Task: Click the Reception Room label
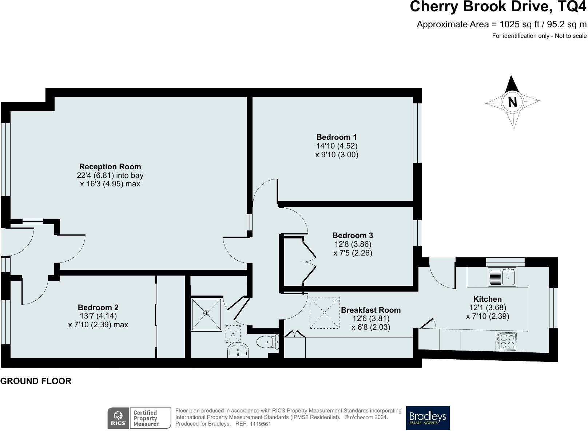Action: pyautogui.click(x=110, y=166)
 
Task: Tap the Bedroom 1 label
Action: pyautogui.click(x=337, y=137)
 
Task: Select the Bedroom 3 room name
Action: pyautogui.click(x=353, y=235)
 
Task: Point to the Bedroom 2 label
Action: pyautogui.click(x=98, y=307)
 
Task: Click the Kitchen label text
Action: pyautogui.click(x=488, y=299)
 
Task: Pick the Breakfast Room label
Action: pyautogui.click(x=371, y=310)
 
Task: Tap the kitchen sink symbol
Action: pyautogui.click(x=502, y=277)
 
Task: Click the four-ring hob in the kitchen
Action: pyautogui.click(x=506, y=341)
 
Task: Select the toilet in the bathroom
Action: pyautogui.click(x=267, y=342)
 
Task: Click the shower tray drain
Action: pyautogui.click(x=206, y=313)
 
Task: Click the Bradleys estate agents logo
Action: pyautogui.click(x=428, y=418)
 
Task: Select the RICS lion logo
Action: pyautogui.click(x=118, y=418)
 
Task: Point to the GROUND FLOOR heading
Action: pyautogui.click(x=36, y=381)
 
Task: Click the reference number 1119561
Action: pyautogui.click(x=260, y=424)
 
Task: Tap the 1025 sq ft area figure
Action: pyautogui.click(x=519, y=24)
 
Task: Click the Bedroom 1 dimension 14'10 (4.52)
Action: pyautogui.click(x=337, y=146)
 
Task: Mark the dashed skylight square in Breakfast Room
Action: pyautogui.click(x=325, y=313)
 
